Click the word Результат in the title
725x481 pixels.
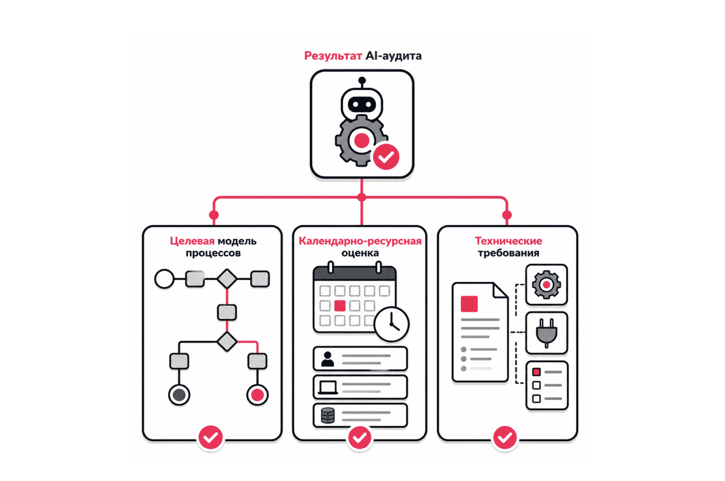(333, 55)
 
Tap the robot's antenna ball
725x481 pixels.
(362, 80)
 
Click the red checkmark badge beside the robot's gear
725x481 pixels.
(386, 157)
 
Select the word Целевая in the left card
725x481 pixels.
(192, 241)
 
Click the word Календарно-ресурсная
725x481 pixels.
(360, 241)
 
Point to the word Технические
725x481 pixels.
(508, 241)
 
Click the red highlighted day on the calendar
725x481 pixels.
(340, 305)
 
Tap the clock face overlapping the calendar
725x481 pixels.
(391, 324)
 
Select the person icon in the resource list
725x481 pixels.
(327, 359)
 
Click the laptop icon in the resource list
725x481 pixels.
(328, 388)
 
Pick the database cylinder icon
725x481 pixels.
(327, 416)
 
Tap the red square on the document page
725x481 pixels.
(469, 304)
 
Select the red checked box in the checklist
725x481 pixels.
(536, 372)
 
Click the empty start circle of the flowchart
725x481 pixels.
(164, 278)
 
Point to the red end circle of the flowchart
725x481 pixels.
(257, 395)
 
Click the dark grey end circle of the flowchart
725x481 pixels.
(179, 395)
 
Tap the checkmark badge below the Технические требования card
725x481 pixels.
(505, 438)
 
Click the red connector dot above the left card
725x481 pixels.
(214, 215)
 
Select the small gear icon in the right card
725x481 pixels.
(546, 285)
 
